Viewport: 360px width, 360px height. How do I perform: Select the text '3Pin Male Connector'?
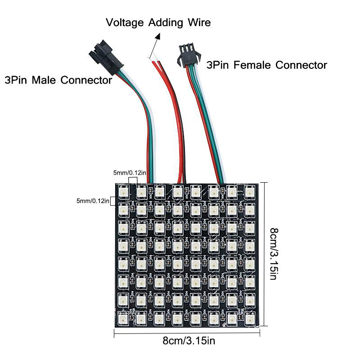point(58,81)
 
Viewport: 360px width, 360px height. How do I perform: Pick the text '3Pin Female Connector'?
point(266,65)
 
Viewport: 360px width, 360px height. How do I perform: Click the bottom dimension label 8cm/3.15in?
point(189,341)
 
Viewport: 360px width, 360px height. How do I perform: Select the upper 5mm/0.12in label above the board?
point(129,172)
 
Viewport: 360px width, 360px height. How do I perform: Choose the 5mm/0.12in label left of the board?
point(93,201)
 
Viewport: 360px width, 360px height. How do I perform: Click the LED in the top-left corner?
point(123,192)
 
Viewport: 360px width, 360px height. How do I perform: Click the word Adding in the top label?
point(165,22)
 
